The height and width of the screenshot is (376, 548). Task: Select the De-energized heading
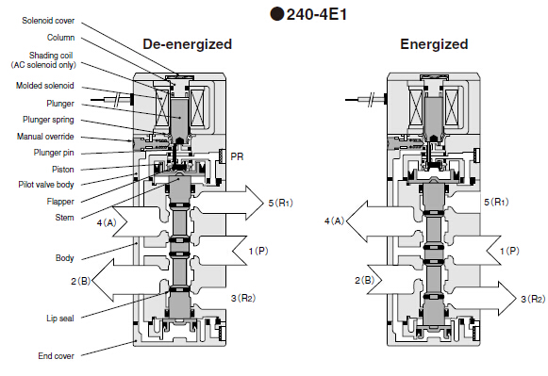pyautogui.click(x=187, y=44)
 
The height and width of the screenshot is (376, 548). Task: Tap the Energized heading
pyautogui.click(x=433, y=44)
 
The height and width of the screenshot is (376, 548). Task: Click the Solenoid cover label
pyautogui.click(x=49, y=20)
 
